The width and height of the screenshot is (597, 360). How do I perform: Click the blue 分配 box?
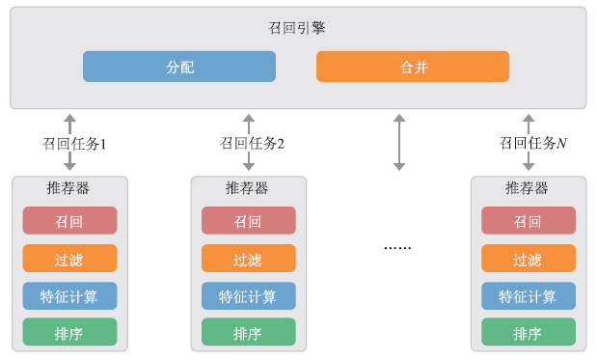(x=179, y=67)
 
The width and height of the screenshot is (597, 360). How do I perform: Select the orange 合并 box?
(x=413, y=67)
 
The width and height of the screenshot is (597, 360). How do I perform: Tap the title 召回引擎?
(x=297, y=28)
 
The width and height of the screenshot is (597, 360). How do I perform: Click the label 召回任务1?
(x=73, y=143)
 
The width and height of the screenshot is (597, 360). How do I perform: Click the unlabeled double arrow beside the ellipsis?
(x=399, y=143)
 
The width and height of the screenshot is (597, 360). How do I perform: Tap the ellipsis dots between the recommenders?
(x=397, y=248)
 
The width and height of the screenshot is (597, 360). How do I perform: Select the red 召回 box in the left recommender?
(x=69, y=221)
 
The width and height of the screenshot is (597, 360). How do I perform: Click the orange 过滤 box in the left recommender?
(x=69, y=259)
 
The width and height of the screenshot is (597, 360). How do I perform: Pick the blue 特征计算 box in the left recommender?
(x=69, y=296)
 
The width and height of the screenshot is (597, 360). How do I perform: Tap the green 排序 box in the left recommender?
(x=69, y=333)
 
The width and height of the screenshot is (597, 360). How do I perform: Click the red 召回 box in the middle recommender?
(x=248, y=221)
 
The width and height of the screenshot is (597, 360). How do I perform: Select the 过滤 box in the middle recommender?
(x=248, y=259)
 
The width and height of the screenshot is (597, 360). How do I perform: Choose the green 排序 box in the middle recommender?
(x=248, y=333)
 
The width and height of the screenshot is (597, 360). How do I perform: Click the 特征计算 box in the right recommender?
(x=528, y=296)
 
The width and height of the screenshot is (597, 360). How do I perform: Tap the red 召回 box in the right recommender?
(x=528, y=221)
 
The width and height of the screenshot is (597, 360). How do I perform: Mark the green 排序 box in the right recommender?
(x=528, y=333)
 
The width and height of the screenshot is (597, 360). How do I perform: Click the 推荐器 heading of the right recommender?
(x=527, y=188)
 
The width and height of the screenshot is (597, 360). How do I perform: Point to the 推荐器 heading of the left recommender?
(x=68, y=188)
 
